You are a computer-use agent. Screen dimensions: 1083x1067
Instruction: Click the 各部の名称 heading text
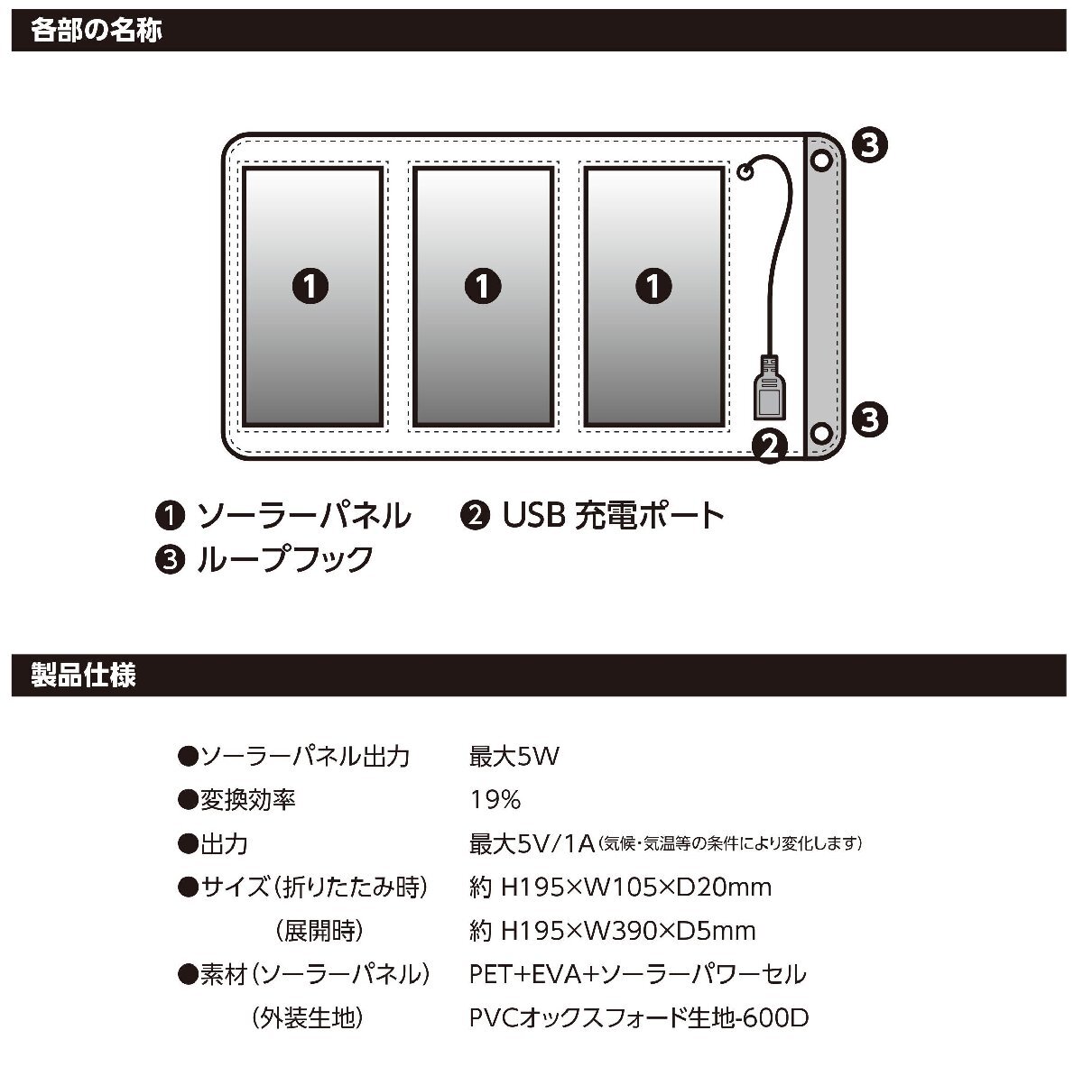[97, 31]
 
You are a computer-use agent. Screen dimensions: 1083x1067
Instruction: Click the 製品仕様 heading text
[83, 676]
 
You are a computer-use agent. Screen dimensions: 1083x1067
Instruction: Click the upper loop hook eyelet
[821, 161]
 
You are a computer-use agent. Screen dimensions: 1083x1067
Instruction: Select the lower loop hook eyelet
[821, 432]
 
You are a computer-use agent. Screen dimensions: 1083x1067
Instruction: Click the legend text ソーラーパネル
[303, 516]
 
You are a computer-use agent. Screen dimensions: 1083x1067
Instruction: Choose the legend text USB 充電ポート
[614, 516]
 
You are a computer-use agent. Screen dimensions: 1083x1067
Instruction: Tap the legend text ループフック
[284, 559]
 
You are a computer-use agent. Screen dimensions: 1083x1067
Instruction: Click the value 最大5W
[514, 756]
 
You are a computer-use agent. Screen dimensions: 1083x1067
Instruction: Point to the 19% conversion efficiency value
[495, 800]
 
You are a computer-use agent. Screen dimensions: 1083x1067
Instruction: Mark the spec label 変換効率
[247, 800]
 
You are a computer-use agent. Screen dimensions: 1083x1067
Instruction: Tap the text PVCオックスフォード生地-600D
[639, 1018]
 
